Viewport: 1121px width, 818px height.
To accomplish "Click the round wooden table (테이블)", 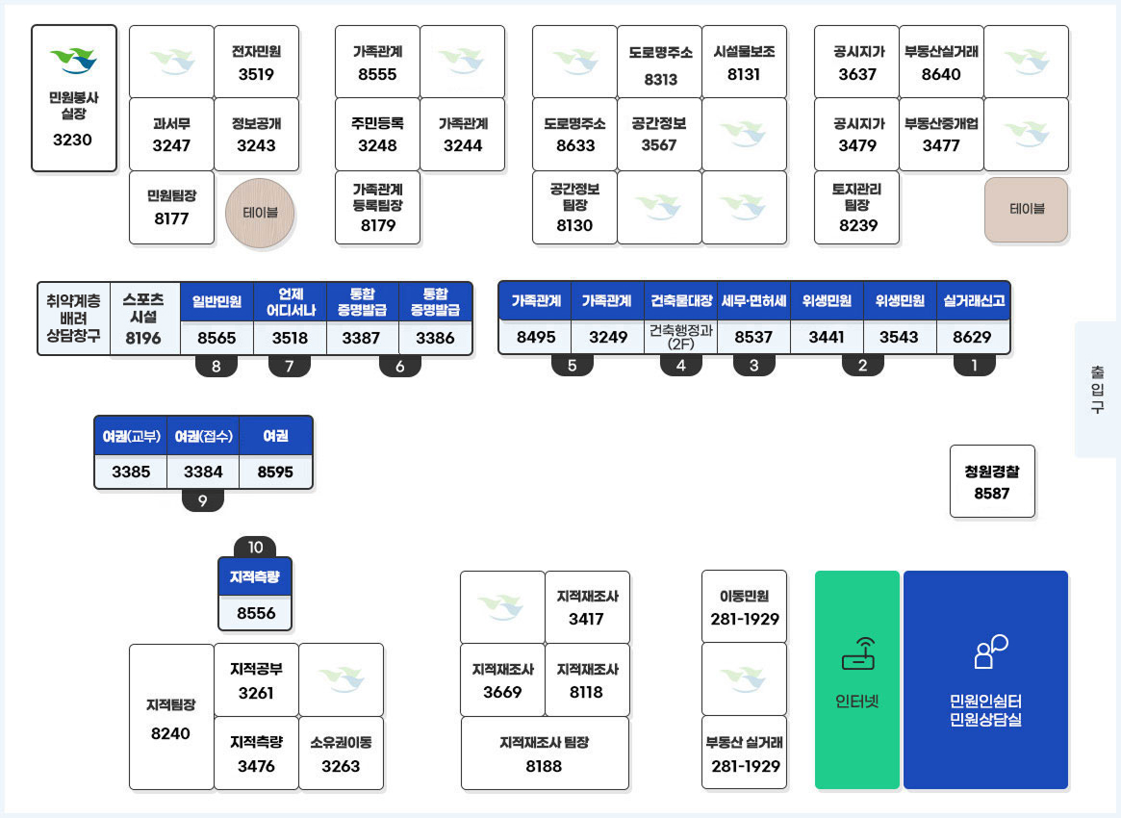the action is click(x=260, y=213).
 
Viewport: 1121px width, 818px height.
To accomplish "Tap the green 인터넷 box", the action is click(x=857, y=680).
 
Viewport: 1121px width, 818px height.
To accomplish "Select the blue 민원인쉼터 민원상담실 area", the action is click(x=986, y=680).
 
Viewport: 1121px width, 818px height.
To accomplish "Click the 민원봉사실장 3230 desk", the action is click(x=74, y=99).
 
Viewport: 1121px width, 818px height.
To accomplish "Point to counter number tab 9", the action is click(x=203, y=499).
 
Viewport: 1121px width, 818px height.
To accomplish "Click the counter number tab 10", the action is click(x=255, y=547).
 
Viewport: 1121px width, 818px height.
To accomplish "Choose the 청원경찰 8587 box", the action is click(x=992, y=481).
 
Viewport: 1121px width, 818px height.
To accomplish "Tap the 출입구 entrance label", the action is click(x=1097, y=389).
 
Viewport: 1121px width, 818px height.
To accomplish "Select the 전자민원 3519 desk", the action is click(x=256, y=63).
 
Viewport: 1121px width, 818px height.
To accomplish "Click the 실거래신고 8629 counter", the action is click(x=973, y=318).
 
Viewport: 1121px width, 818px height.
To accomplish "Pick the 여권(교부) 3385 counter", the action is click(x=131, y=452).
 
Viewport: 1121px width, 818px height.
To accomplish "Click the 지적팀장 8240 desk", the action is click(x=171, y=717).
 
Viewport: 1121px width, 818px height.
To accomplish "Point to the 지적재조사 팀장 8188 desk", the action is click(x=545, y=754).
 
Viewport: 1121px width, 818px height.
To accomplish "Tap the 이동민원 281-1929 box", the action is click(x=744, y=607).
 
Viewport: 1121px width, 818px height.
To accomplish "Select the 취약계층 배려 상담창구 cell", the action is click(x=74, y=319).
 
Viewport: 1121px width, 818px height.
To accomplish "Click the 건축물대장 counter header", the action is click(x=680, y=301).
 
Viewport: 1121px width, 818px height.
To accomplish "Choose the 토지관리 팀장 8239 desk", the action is click(x=856, y=207).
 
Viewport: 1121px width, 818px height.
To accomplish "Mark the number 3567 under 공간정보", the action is click(x=659, y=145).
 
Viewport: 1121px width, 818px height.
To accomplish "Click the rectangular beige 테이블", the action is click(x=1027, y=210).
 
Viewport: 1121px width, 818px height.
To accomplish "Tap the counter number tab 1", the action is click(x=975, y=366).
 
